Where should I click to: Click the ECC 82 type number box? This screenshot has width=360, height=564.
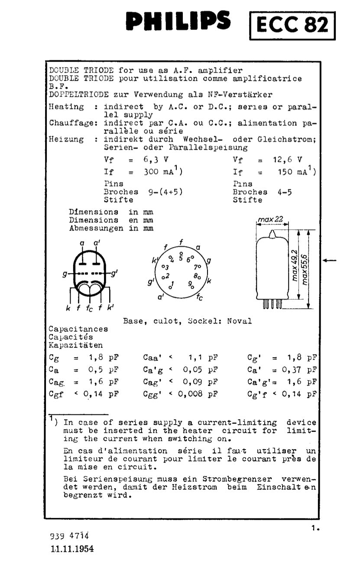pos(293,26)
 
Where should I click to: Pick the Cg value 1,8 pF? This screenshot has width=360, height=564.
pos(104,358)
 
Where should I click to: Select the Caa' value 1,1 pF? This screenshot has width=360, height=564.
pos(203,358)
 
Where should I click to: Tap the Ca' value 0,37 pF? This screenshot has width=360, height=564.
pos(299,370)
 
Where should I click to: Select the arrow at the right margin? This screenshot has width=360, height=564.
pos(330,260)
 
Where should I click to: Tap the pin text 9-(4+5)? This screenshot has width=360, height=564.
pos(165,192)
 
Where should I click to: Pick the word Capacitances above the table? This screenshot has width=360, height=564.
pos(78,329)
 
